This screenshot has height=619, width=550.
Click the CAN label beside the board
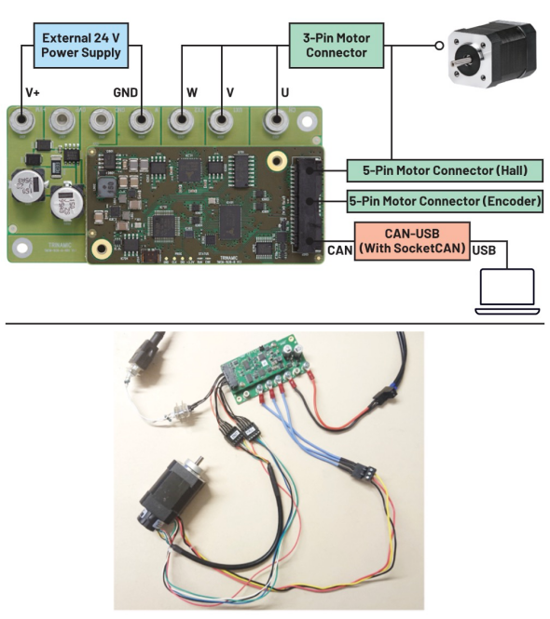[339, 249]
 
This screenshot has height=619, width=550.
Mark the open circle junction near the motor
[435, 45]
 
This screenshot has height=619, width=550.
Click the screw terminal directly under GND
[142, 121]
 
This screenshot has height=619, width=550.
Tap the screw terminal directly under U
[275, 121]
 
